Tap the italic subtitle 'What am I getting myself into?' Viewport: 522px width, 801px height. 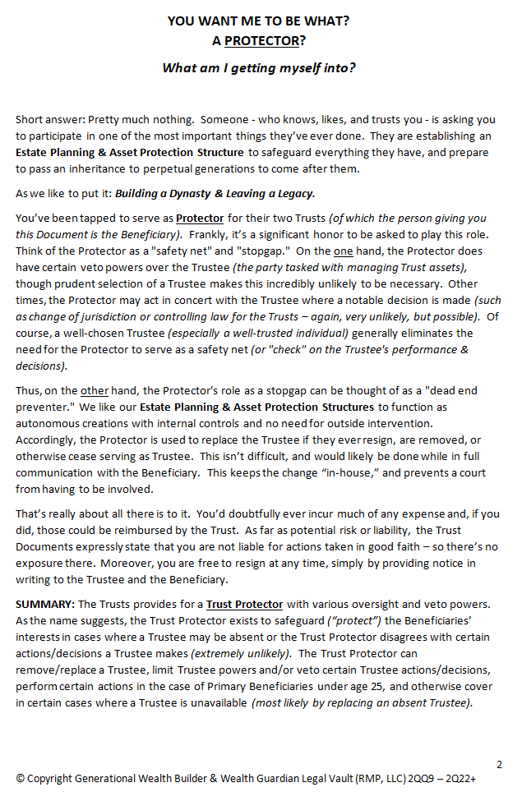coord(259,67)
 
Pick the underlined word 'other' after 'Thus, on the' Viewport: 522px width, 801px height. coord(95,390)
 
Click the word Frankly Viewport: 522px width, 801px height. coord(211,234)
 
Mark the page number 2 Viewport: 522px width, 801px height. coord(499,763)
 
